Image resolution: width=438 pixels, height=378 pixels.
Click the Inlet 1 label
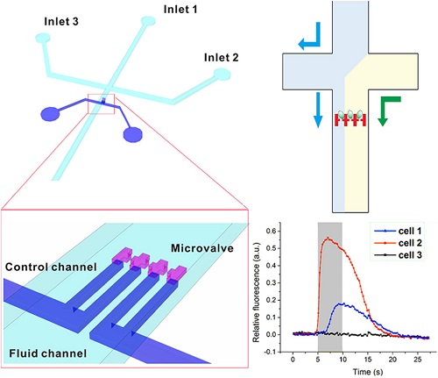coord(180,10)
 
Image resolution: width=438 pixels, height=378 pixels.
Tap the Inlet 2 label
coord(222,57)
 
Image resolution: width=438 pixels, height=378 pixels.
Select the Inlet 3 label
coord(61,21)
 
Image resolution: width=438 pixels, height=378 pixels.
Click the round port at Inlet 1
coord(148,21)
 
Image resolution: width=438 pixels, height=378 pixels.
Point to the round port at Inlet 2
coord(223,75)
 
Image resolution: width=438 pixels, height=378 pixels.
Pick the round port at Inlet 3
coord(43,38)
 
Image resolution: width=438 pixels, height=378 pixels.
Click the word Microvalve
coord(202,248)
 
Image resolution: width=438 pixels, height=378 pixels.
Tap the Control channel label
coord(51,267)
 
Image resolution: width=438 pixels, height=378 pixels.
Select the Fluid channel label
coord(48,353)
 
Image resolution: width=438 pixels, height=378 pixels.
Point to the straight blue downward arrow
coord(318,111)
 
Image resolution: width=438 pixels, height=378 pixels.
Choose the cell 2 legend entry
coord(399,243)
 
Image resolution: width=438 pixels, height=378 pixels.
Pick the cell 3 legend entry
coord(399,255)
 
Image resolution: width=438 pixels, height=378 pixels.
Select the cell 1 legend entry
coord(399,232)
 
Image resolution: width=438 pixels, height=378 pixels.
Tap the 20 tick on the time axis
coord(392,360)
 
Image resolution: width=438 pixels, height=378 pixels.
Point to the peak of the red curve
coord(328,238)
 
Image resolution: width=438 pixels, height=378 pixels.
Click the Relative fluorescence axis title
coord(256,292)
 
